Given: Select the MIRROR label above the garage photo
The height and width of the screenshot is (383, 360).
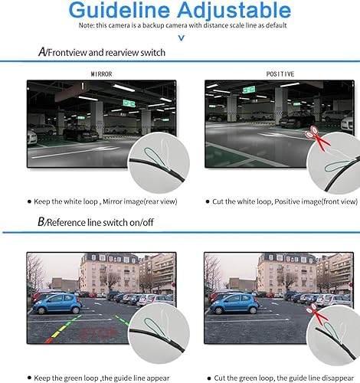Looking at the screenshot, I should (x=101, y=74).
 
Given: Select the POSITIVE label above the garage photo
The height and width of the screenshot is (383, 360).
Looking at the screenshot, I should (x=280, y=74).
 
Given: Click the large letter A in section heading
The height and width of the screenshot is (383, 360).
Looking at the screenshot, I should (x=43, y=51).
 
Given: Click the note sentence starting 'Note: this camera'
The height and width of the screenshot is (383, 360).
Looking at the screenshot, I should (x=180, y=26).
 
